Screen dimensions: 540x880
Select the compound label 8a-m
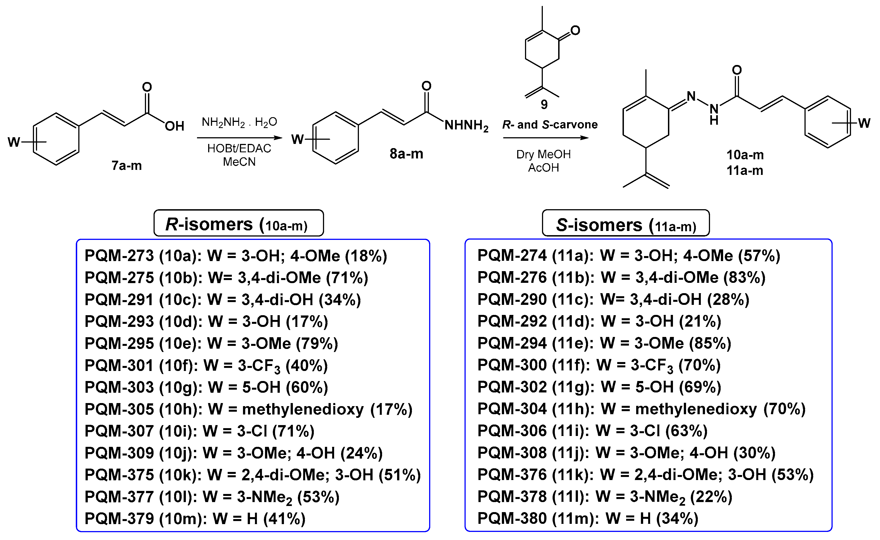[406, 154]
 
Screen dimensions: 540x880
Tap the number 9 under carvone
[544, 104]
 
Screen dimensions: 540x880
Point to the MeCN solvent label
[239, 162]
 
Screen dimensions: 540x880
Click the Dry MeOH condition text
[543, 155]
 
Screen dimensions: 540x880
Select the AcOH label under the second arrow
[543, 168]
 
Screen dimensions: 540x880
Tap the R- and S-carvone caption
[550, 125]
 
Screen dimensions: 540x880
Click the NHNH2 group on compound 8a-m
[466, 126]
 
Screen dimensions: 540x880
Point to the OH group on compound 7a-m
[174, 126]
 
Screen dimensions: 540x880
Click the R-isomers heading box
[239, 223]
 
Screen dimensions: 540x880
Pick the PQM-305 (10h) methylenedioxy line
[248, 409]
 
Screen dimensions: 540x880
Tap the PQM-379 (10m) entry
[195, 519]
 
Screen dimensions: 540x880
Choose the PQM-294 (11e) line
[604, 343]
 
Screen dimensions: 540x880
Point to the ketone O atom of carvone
[575, 31]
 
